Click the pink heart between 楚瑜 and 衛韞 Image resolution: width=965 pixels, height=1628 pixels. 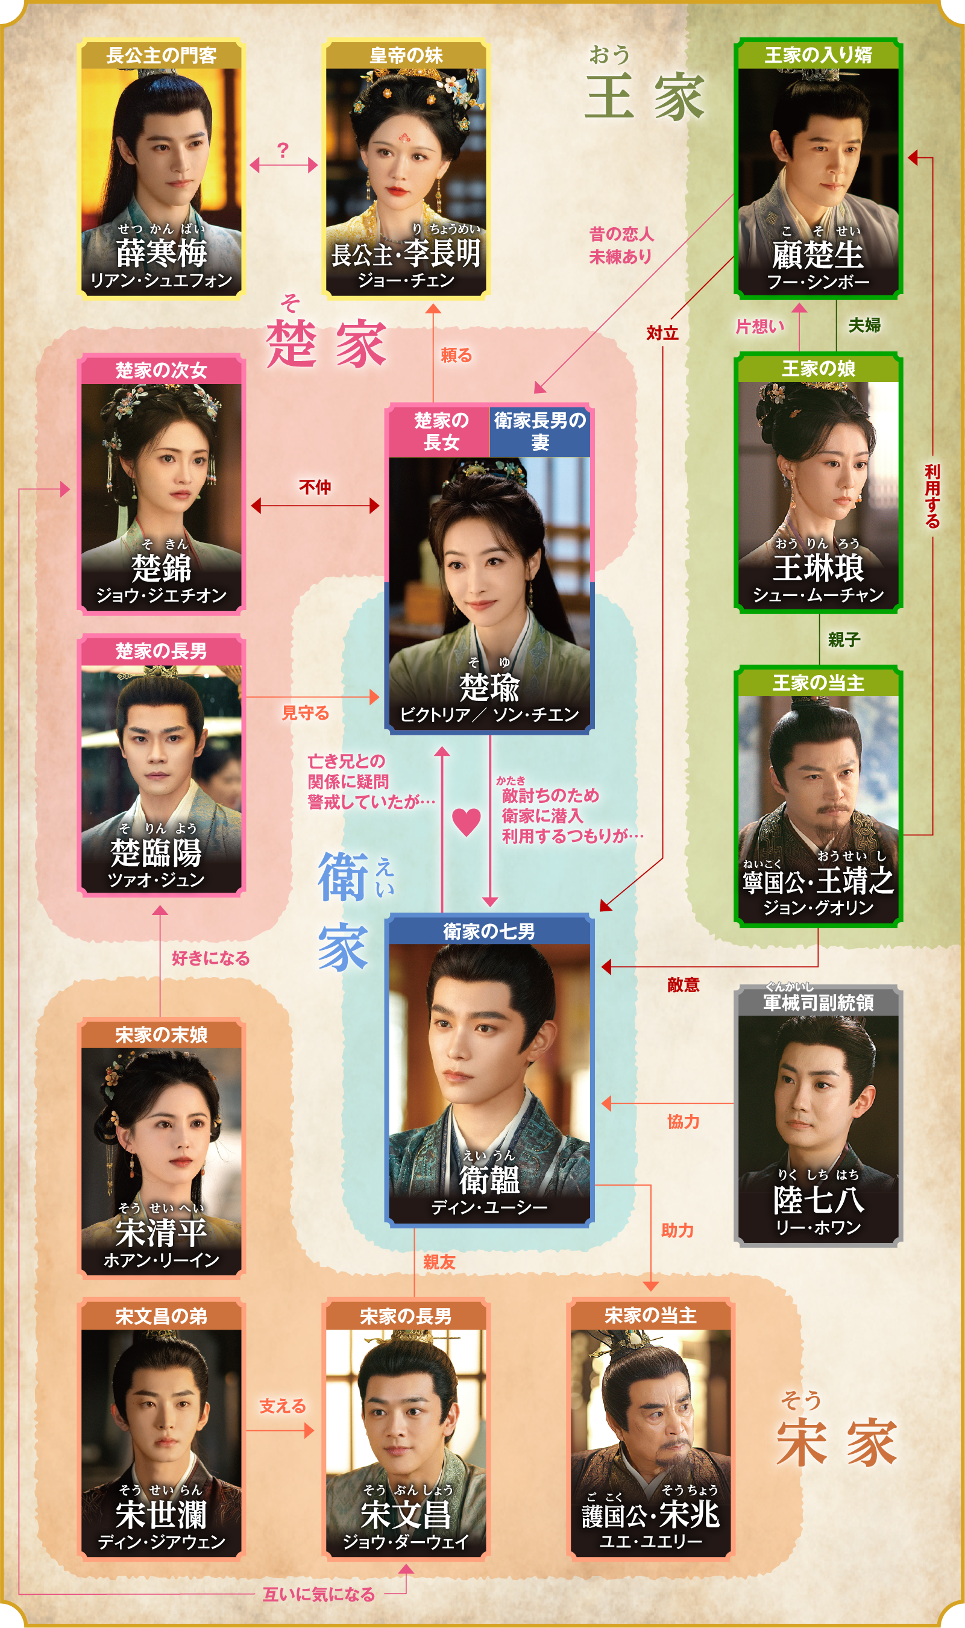coord(467,822)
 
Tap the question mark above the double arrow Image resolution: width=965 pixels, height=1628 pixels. coord(282,150)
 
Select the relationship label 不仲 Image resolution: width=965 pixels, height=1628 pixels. coord(315,487)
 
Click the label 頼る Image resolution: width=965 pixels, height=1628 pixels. coord(456,355)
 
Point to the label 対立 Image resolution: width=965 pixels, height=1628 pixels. coord(662,333)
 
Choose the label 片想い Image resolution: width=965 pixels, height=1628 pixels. coord(760,326)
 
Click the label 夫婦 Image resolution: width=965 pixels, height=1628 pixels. coord(864,325)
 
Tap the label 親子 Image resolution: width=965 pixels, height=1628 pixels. coord(844,640)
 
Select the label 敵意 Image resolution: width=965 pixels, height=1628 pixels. coord(683,985)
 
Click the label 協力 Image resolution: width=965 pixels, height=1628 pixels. coord(683,1122)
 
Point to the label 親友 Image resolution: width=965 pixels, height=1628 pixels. coord(439,1262)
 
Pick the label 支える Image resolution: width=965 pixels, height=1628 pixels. coord(282,1406)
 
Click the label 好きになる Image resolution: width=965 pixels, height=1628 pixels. coord(211,958)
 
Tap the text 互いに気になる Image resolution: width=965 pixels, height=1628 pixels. coord(319,1594)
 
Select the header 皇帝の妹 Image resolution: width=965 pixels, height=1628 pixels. coord(406,55)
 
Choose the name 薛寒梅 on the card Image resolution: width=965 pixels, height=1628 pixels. coord(162,253)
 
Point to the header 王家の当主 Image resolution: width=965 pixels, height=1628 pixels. coord(818,683)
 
